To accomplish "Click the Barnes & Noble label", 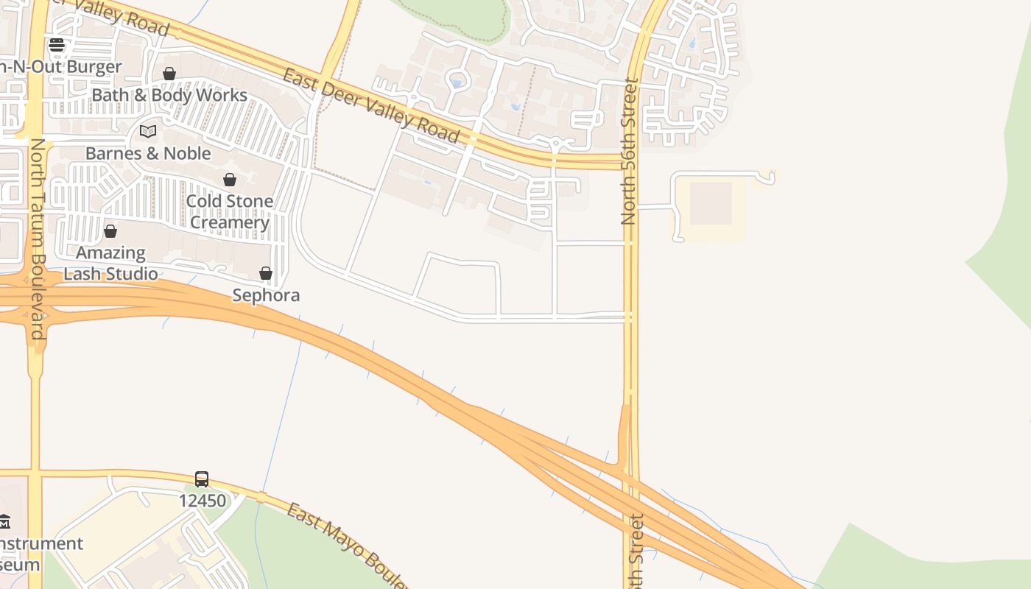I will (x=148, y=153).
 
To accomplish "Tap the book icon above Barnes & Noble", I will (x=148, y=131).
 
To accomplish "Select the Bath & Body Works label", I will (x=169, y=95).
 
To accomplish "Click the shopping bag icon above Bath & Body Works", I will (x=169, y=74).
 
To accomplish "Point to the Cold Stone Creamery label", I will (x=230, y=211).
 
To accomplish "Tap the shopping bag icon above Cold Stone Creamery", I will (x=230, y=180).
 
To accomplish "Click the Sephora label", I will (x=266, y=295).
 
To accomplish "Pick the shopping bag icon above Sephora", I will (x=266, y=274).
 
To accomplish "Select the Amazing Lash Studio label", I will (x=110, y=263).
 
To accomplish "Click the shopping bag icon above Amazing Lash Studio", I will (x=110, y=231).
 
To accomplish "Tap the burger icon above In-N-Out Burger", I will (x=57, y=46).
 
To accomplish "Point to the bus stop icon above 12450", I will (x=202, y=479).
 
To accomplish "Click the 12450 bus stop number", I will (x=202, y=501).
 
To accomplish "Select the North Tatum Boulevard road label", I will (x=38, y=239).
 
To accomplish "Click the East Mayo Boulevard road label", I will (x=346, y=546).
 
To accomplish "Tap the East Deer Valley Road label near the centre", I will (x=371, y=106).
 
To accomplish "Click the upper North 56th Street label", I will (x=629, y=152).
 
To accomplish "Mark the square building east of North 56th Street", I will (x=711, y=204).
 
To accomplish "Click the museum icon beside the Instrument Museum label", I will (x=4, y=522).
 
